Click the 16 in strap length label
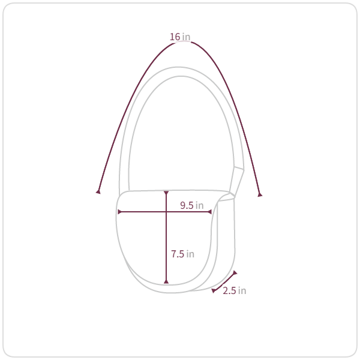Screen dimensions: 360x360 [x=180, y=37]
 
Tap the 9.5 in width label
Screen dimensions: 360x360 [x=192, y=205]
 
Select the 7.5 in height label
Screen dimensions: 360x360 [x=182, y=254]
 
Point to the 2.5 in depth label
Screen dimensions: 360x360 [x=235, y=290]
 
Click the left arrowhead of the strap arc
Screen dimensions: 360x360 [x=98, y=191]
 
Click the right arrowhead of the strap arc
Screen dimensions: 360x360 [x=260, y=194]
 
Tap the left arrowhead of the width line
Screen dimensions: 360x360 [x=119, y=212]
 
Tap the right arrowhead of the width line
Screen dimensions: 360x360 [x=209, y=212]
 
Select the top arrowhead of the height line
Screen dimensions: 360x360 [x=166, y=193]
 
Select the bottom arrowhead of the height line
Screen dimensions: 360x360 [x=166, y=281]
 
